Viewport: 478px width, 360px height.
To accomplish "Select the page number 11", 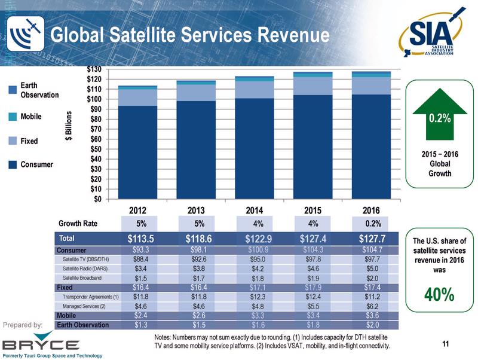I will tap(445, 343).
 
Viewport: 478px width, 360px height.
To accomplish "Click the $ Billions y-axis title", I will tap(69, 126).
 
